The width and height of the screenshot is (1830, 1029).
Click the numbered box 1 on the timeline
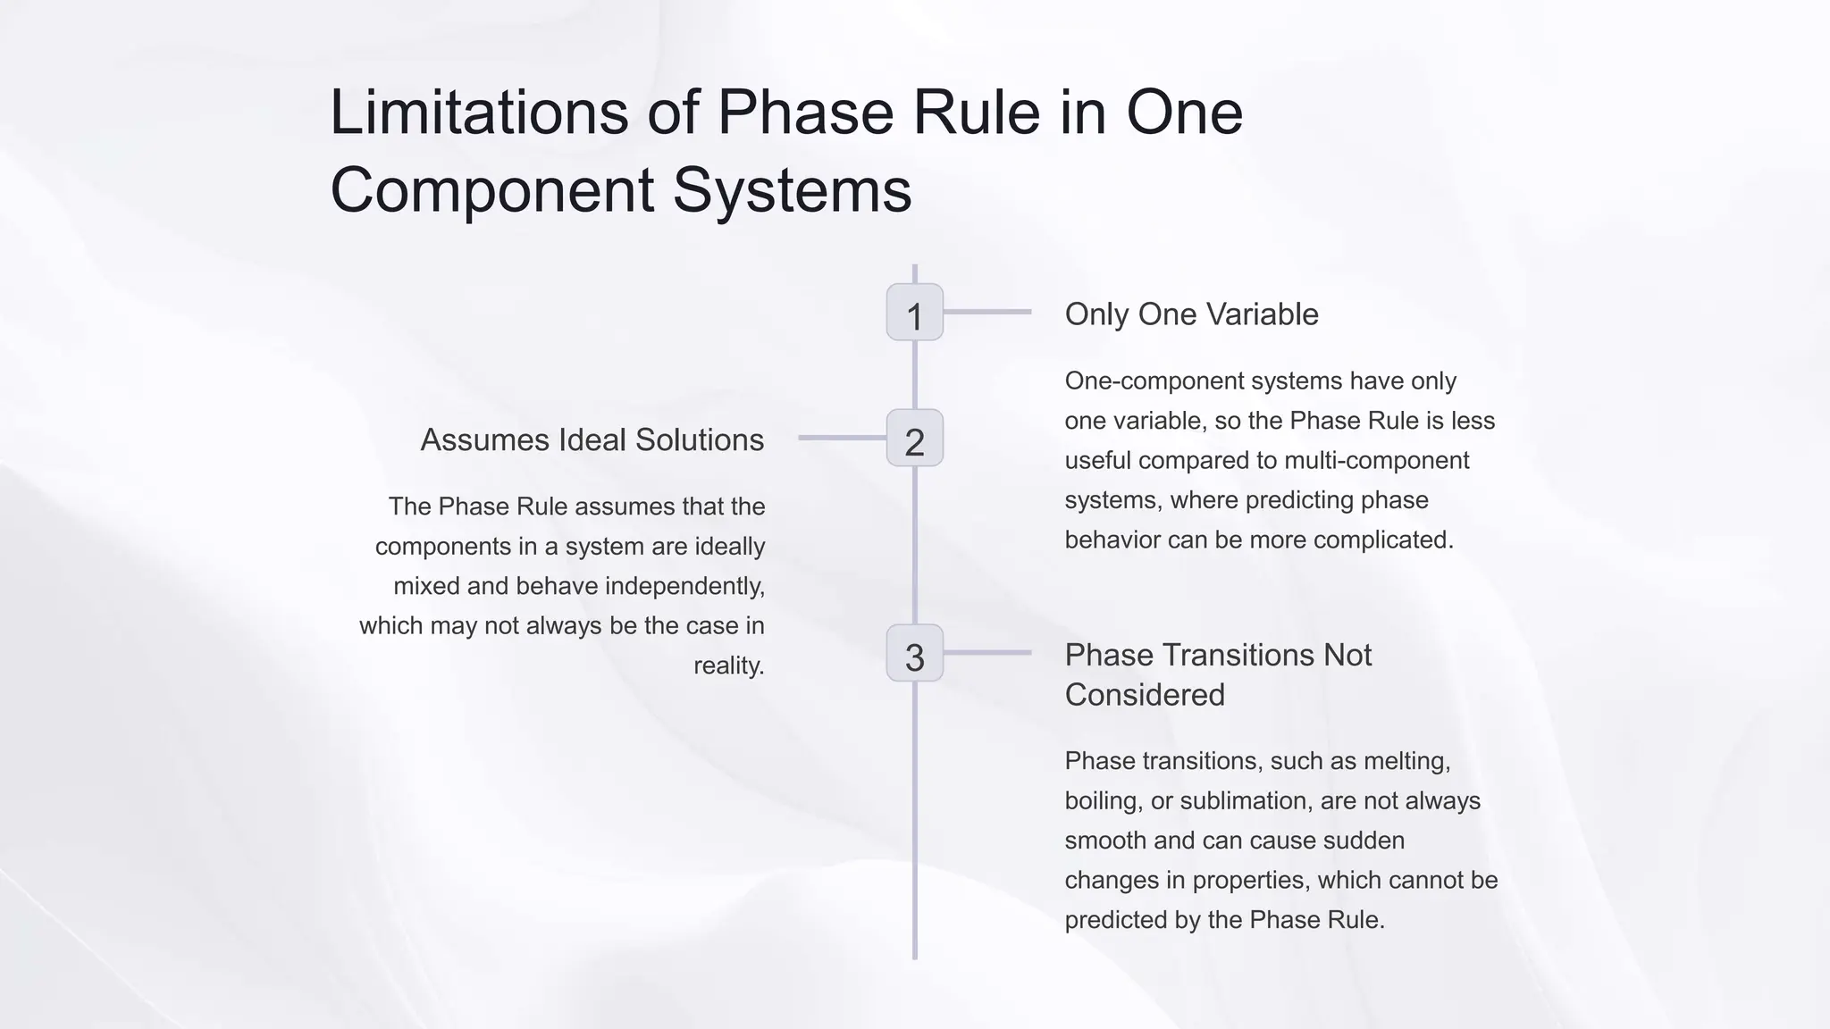click(x=914, y=313)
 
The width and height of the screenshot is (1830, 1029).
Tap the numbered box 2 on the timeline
click(x=914, y=439)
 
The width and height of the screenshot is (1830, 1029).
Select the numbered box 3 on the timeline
click(x=914, y=654)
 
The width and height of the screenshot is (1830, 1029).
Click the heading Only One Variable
click(x=1191, y=314)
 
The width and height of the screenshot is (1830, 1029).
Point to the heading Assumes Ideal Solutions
click(x=592, y=440)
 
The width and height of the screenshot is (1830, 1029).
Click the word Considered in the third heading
click(x=1144, y=695)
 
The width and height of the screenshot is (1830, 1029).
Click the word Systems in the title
click(x=792, y=189)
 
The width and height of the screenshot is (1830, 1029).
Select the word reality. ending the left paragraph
click(x=728, y=665)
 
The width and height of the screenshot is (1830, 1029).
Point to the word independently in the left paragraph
click(x=684, y=586)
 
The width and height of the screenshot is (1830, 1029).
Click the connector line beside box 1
click(x=987, y=312)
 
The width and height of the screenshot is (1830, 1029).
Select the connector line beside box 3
click(x=987, y=653)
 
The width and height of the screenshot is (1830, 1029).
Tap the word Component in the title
click(x=492, y=189)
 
